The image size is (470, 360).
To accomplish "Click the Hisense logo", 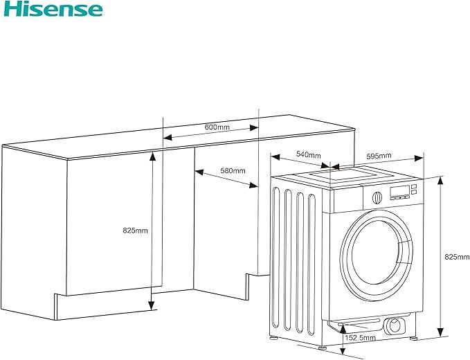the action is tap(53, 9).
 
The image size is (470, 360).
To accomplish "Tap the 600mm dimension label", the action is tap(217, 127).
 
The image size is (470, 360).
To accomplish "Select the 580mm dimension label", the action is tap(233, 171).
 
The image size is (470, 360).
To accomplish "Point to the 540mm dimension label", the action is tap(309, 154).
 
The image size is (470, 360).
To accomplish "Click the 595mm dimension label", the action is tap(379, 156).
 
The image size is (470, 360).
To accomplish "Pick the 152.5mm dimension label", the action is tap(361, 338).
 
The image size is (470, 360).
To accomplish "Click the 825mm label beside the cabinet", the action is tap(135, 231).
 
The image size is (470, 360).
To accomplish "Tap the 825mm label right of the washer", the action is tap(457, 257).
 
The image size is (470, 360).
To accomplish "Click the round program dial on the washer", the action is tap(377, 198).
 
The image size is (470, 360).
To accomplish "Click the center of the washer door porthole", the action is tap(376, 255).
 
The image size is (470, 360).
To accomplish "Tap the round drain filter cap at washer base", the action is tap(395, 326).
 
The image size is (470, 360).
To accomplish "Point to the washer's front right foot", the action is tap(414, 338).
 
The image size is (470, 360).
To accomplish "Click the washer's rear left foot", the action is tap(273, 338).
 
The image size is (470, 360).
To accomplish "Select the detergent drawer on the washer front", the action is tap(347, 200).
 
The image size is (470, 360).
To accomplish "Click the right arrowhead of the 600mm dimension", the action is tap(254, 128).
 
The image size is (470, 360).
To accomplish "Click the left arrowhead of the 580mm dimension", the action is tap(199, 172).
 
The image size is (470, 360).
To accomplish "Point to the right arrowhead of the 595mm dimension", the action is tap(419, 158).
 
